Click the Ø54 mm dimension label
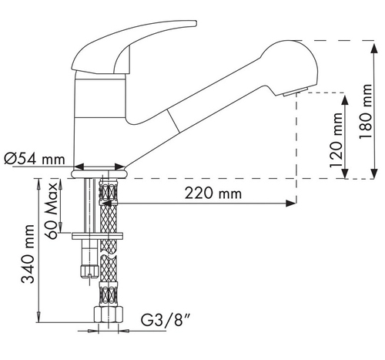[35, 159]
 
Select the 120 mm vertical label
[336, 140]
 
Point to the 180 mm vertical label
[366, 112]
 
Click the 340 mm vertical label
[28, 254]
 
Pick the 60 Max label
[51, 210]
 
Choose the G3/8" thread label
[166, 320]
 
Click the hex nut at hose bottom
[108, 315]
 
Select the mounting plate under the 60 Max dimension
[97, 236]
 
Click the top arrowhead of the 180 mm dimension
[374, 49]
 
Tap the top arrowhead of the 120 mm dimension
[345, 100]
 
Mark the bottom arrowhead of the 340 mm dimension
[38, 317]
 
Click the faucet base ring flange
[99, 173]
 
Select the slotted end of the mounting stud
[89, 271]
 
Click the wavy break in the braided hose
[108, 256]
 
